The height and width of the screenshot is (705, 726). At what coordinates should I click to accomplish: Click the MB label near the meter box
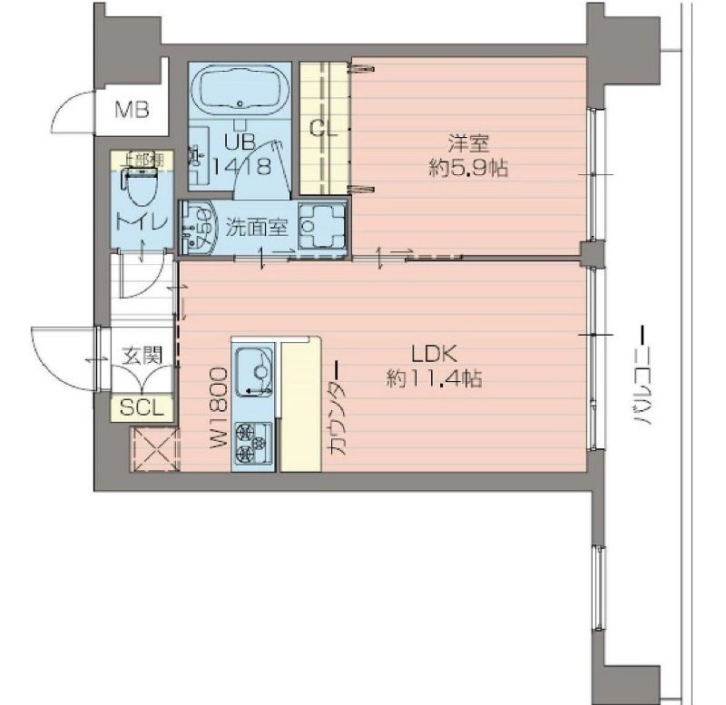[x=132, y=112]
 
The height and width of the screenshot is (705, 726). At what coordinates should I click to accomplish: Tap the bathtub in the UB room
[x=241, y=91]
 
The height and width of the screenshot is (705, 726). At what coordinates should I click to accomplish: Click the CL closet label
[x=324, y=128]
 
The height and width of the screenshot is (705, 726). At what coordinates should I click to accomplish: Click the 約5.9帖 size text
[x=467, y=168]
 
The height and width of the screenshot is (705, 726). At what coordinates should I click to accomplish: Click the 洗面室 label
[x=257, y=228]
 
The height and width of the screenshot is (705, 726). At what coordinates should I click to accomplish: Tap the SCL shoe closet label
[x=142, y=408]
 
